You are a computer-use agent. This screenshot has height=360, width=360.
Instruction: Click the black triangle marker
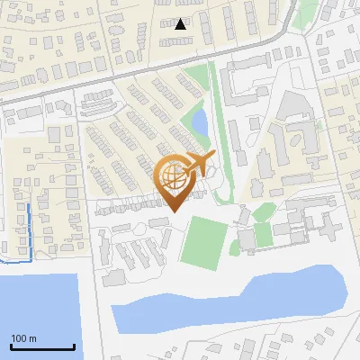click(x=181, y=23)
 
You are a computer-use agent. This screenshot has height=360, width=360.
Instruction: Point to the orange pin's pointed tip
click(x=174, y=211)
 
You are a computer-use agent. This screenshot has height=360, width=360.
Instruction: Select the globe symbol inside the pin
click(x=174, y=176)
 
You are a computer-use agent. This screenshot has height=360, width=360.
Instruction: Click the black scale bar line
click(x=42, y=346)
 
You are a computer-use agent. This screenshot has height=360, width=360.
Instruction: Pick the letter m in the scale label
click(x=31, y=338)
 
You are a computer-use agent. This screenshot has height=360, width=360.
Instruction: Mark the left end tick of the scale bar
click(x=11, y=345)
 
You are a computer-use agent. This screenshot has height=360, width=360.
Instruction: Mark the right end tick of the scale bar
click(x=74, y=345)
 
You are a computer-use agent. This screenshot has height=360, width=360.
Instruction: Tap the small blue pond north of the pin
click(x=200, y=121)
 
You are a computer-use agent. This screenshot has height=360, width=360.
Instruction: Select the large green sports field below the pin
click(x=204, y=241)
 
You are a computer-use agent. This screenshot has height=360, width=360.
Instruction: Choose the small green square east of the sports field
click(x=263, y=235)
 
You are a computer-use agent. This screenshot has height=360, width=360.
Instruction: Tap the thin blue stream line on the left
click(x=29, y=229)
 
